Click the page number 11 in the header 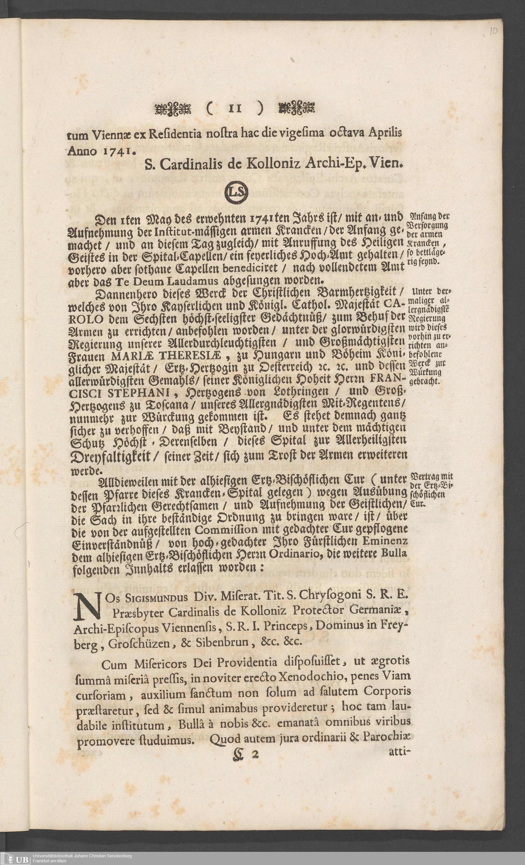click(233, 108)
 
